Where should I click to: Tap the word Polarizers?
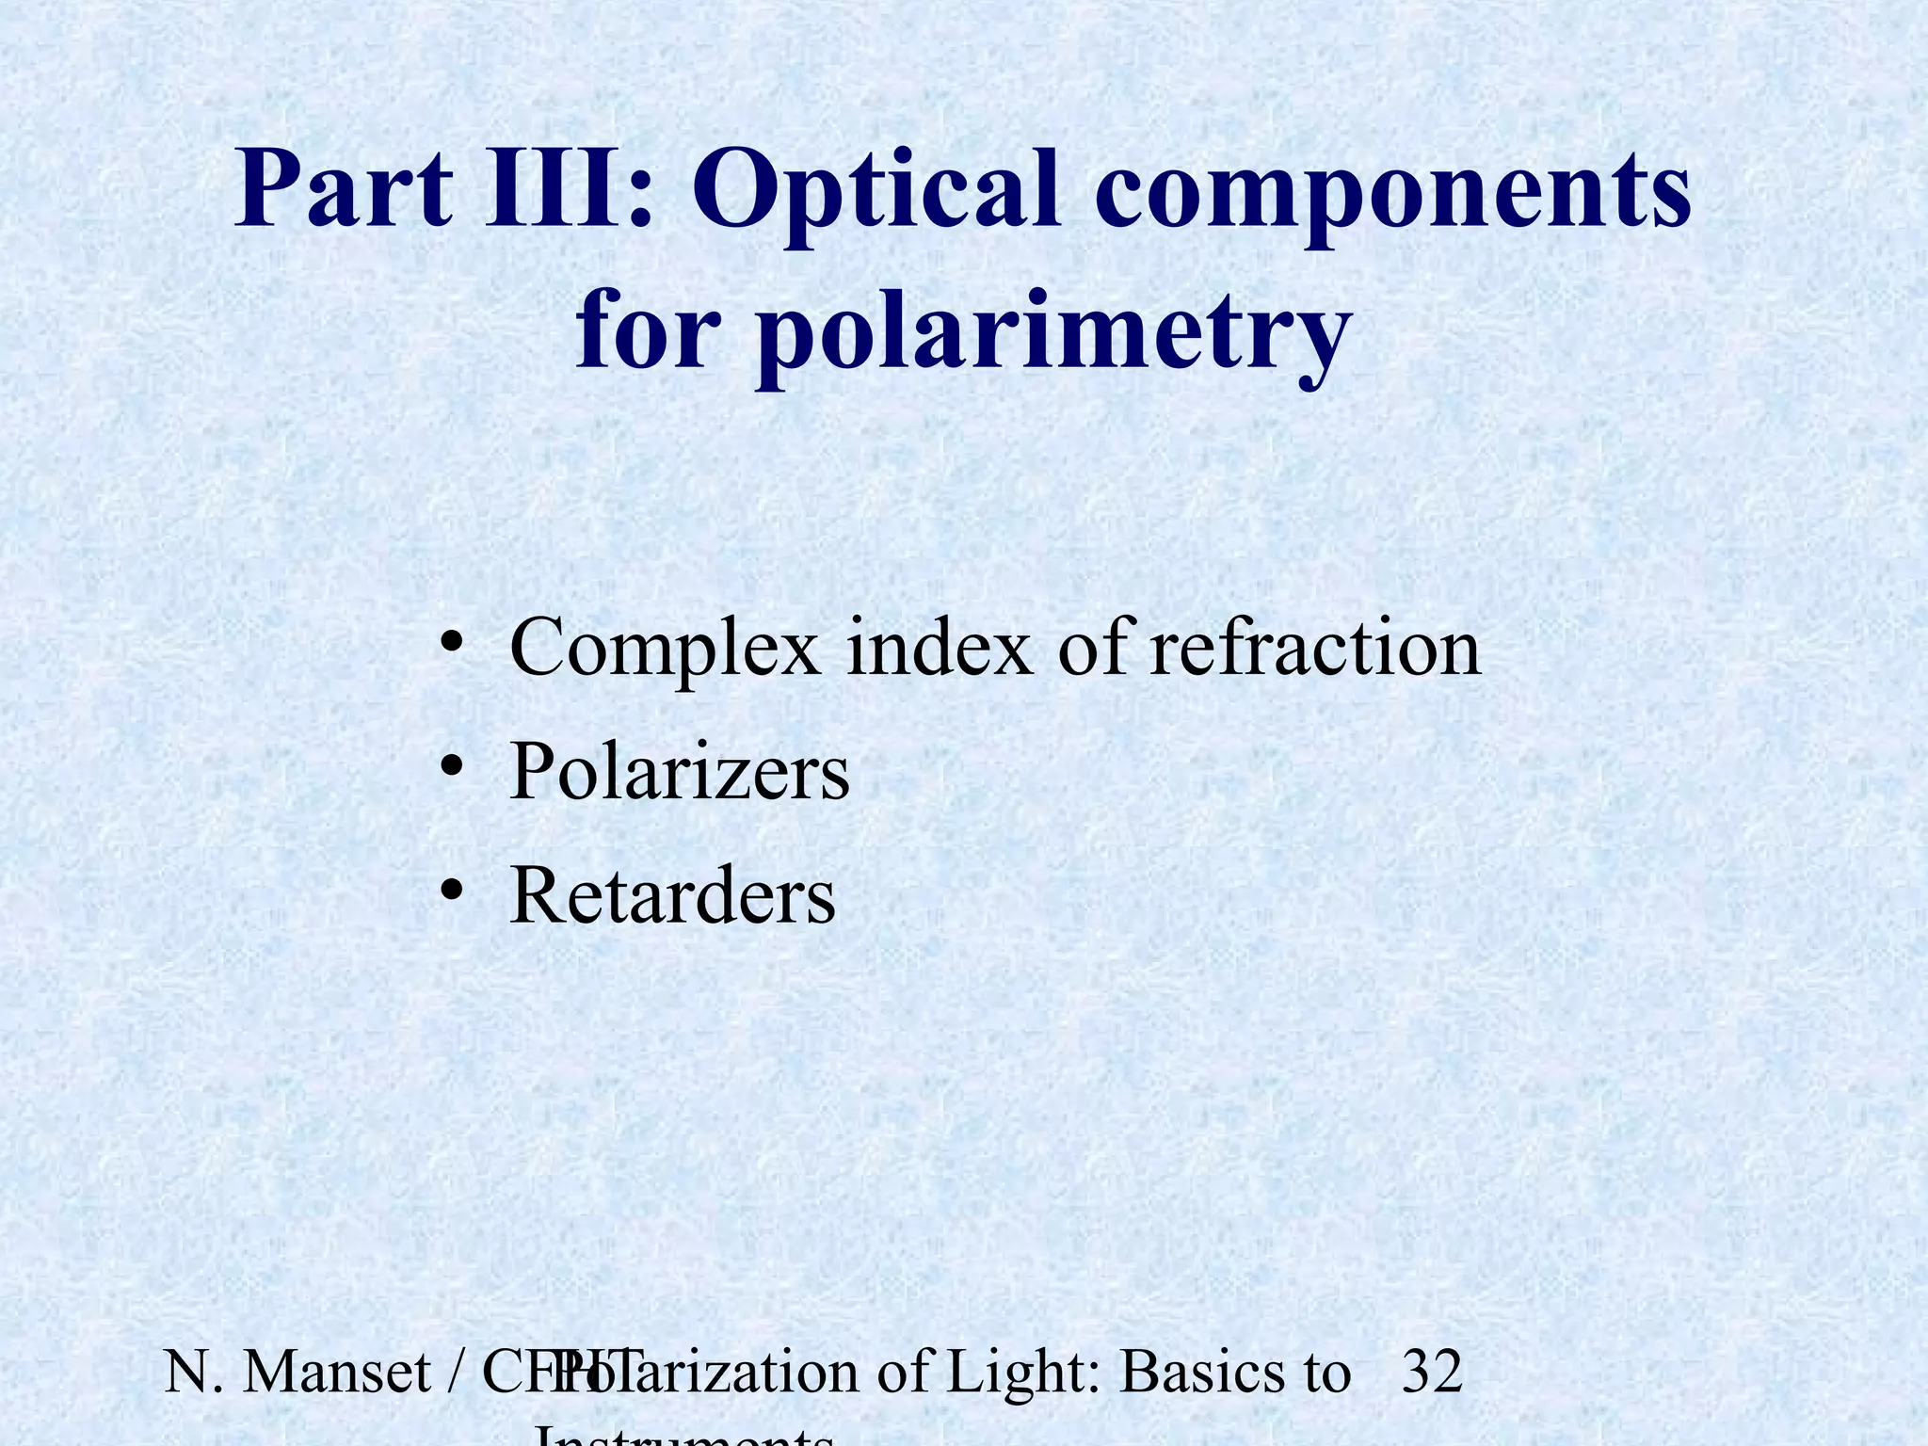click(x=679, y=772)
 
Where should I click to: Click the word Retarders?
click(x=672, y=894)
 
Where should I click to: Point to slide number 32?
click(x=1432, y=1372)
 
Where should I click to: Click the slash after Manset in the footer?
click(x=456, y=1372)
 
